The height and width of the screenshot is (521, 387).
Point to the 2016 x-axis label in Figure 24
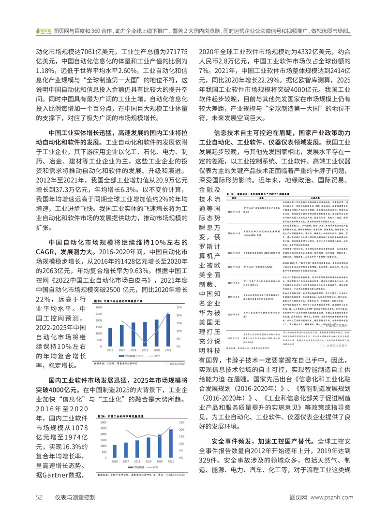point(110,462)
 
